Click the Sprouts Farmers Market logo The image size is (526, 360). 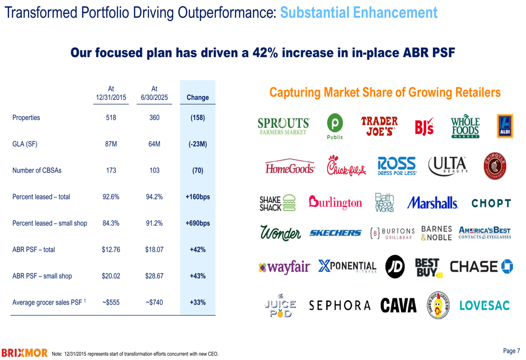pyautogui.click(x=284, y=126)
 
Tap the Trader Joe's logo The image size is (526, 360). pyautogui.click(x=379, y=126)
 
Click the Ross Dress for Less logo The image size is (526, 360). pyautogui.click(x=397, y=165)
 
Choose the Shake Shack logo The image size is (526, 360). pyautogui.click(x=277, y=203)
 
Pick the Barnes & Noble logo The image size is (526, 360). pyautogui.click(x=437, y=233)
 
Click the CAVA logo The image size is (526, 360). pyautogui.click(x=398, y=305)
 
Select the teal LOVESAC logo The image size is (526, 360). pyautogui.click(x=484, y=305)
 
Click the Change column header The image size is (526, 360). pyautogui.click(x=198, y=97)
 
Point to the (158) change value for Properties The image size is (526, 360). pyautogui.click(x=198, y=118)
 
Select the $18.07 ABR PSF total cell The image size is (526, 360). pyautogui.click(x=154, y=250)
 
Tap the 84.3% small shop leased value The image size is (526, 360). pyautogui.click(x=111, y=223)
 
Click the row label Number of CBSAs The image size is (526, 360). pyautogui.click(x=37, y=170)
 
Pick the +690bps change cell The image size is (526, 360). pyautogui.click(x=198, y=223)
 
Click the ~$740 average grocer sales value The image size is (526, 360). pyautogui.click(x=154, y=302)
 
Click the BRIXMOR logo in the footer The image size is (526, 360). pyautogui.click(x=25, y=353)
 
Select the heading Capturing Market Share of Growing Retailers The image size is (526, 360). pyautogui.click(x=385, y=92)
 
